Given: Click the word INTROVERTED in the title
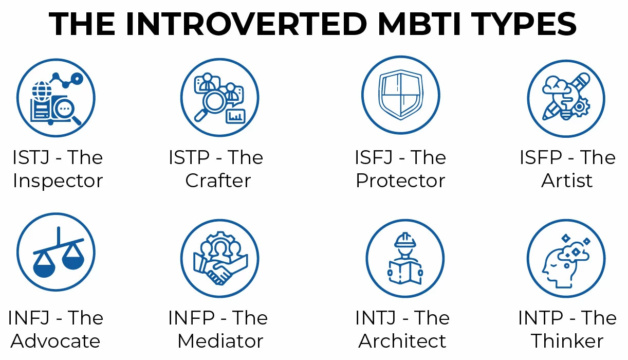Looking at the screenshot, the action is [x=247, y=24].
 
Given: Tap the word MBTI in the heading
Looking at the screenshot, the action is [x=419, y=24].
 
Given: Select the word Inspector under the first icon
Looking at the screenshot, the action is [x=58, y=181].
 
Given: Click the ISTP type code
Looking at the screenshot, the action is [x=189, y=157].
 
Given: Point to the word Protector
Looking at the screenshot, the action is [x=400, y=181].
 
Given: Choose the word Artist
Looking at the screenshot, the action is [x=567, y=181].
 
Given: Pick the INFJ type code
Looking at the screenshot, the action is [x=29, y=318].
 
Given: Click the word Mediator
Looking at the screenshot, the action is [x=220, y=341].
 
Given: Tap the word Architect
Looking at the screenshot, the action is [x=402, y=341].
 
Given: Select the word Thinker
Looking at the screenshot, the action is [x=567, y=341].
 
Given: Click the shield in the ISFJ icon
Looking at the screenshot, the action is [x=401, y=95].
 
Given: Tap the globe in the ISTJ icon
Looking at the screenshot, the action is [x=42, y=91].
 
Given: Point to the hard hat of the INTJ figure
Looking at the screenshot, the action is [x=405, y=240].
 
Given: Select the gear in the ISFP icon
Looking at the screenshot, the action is [x=580, y=107].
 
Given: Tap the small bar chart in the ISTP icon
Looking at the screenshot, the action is [x=235, y=116].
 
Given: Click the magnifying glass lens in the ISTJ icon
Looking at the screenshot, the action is [x=64, y=109].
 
